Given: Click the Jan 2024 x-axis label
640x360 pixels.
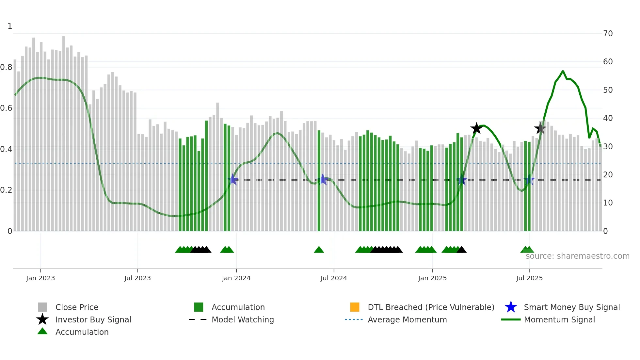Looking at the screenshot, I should pyautogui.click(x=236, y=278).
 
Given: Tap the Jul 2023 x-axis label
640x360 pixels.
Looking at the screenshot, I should pyautogui.click(x=137, y=278).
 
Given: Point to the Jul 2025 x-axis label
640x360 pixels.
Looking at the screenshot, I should pyautogui.click(x=529, y=278).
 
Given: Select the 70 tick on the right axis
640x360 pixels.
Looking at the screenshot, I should pyautogui.click(x=608, y=33).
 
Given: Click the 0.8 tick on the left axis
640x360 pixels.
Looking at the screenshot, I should pyautogui.click(x=6, y=67).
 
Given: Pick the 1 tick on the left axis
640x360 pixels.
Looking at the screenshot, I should pyautogui.click(x=10, y=26).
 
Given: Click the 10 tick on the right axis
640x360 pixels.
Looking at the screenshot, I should pyautogui.click(x=608, y=203).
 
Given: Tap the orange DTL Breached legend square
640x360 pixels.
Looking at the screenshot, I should pyautogui.click(x=355, y=307).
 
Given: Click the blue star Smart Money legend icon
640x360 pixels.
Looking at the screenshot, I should pyautogui.click(x=511, y=307).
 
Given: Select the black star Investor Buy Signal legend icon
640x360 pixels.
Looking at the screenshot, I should pyautogui.click(x=42, y=319).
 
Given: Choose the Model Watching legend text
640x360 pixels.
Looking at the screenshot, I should pyautogui.click(x=243, y=319).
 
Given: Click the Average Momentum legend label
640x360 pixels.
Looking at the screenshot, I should pyautogui.click(x=407, y=319).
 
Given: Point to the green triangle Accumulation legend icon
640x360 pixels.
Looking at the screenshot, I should pyautogui.click(x=42, y=332).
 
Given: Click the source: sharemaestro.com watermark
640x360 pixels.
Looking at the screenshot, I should pyautogui.click(x=577, y=256).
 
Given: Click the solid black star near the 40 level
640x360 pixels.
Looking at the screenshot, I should pyautogui.click(x=476, y=128).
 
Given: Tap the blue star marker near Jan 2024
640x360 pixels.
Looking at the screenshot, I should pyautogui.click(x=233, y=179).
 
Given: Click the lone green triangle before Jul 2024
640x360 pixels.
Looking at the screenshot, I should pyautogui.click(x=319, y=250).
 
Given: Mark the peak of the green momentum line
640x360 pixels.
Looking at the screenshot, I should pyautogui.click(x=563, y=71).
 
